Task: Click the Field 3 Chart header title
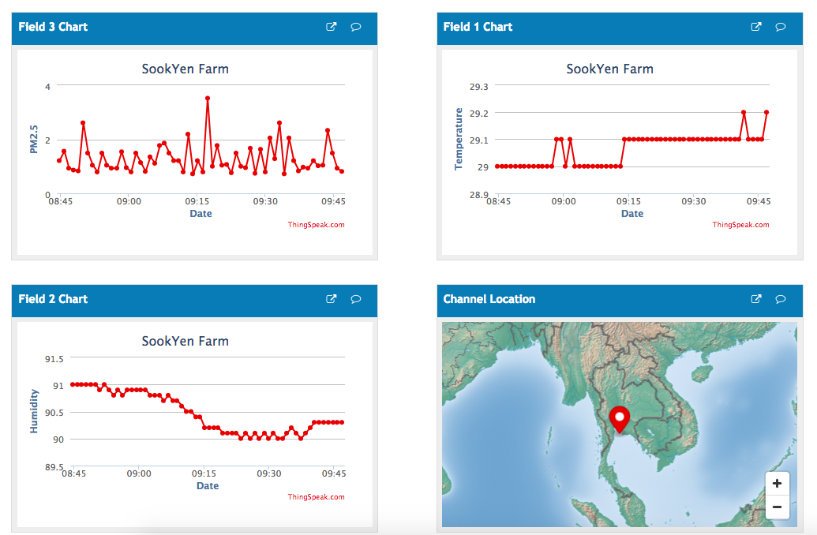click(x=53, y=27)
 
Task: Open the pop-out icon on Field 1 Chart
click(x=755, y=27)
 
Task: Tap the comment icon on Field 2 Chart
click(x=356, y=299)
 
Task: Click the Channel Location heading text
click(x=489, y=299)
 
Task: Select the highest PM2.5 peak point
click(x=208, y=98)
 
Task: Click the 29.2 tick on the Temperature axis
click(x=478, y=113)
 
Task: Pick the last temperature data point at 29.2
click(x=766, y=113)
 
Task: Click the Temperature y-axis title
click(x=459, y=140)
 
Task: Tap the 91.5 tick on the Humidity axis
click(x=54, y=359)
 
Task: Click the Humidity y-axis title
click(x=34, y=410)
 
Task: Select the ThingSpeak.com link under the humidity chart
click(x=316, y=497)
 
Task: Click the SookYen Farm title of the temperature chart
click(x=609, y=69)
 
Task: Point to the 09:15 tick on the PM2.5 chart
click(x=197, y=201)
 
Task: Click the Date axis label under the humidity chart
click(x=208, y=486)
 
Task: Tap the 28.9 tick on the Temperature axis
click(x=478, y=194)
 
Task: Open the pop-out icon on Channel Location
click(x=755, y=299)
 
